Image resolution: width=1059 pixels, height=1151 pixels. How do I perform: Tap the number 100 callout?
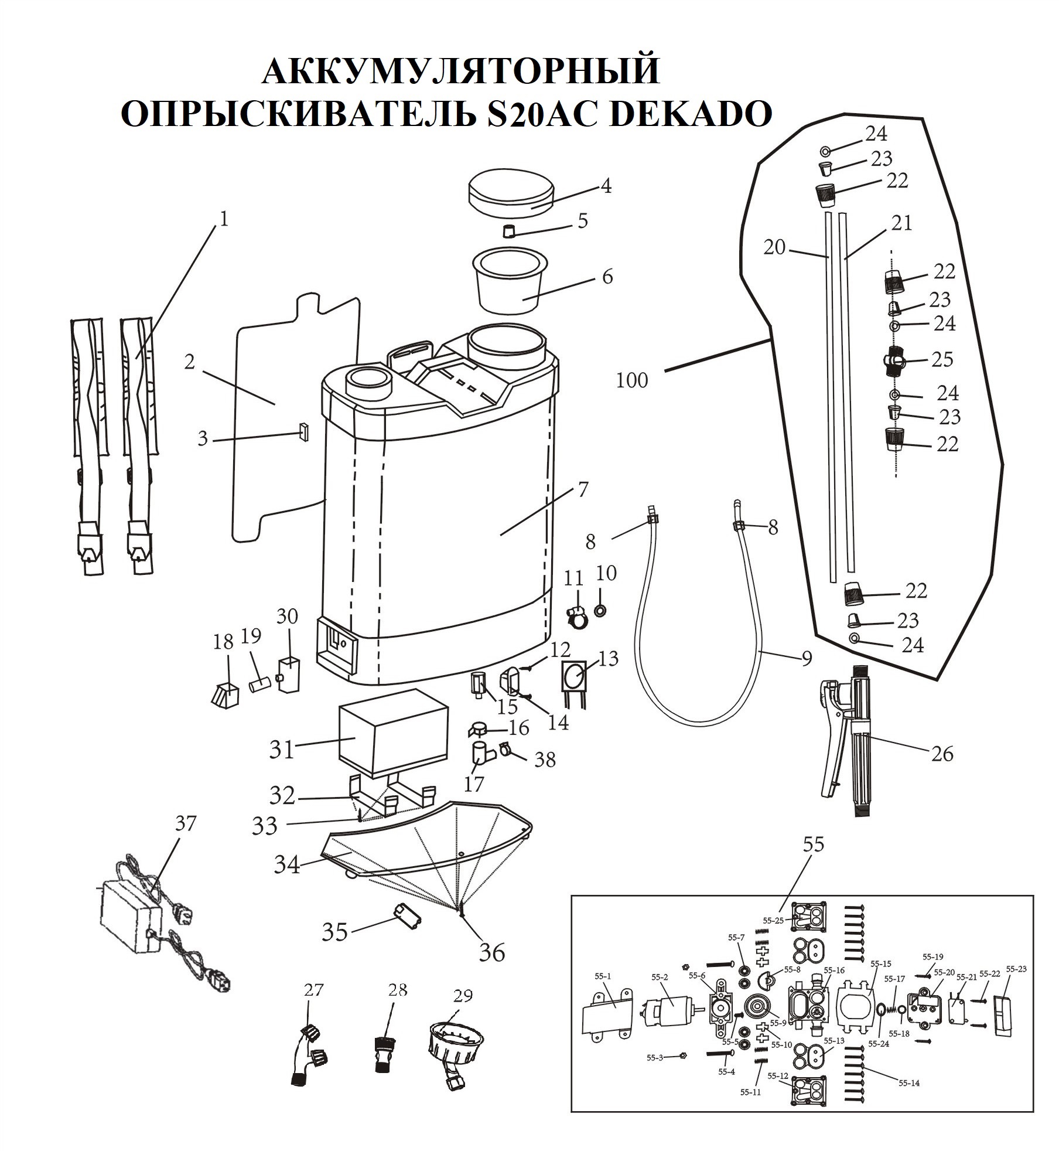pyautogui.click(x=632, y=381)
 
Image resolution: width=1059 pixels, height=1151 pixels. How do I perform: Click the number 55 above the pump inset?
pyautogui.click(x=814, y=844)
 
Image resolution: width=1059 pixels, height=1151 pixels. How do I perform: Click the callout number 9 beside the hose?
pyautogui.click(x=807, y=658)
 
